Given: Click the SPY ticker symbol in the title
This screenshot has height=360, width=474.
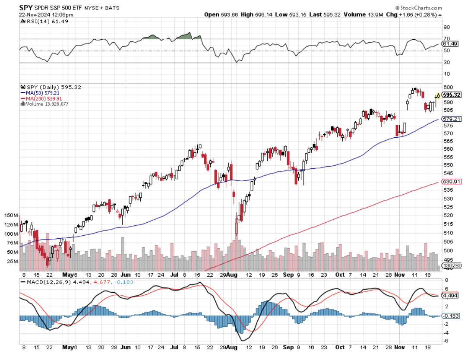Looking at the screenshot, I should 26,8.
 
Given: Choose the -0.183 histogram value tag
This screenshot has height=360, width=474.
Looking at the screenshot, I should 449,316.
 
